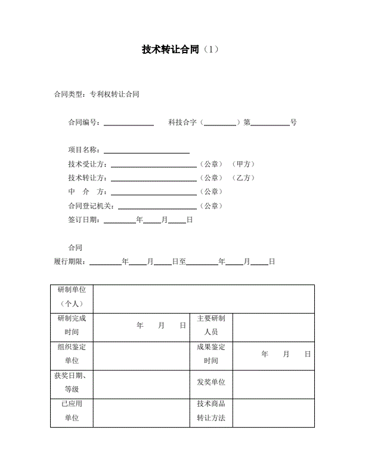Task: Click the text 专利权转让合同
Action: (x=114, y=94)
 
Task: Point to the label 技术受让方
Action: (x=87, y=164)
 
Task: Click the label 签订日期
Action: (x=85, y=220)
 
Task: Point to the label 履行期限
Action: (x=70, y=262)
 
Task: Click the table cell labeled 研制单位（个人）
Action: (x=72, y=297)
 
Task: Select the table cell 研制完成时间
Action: (x=72, y=325)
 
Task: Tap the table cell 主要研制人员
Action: (x=211, y=325)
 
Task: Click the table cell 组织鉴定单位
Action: (x=72, y=354)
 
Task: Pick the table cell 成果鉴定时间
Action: (x=211, y=354)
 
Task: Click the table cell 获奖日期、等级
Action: (x=72, y=383)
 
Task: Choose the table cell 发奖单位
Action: (x=211, y=382)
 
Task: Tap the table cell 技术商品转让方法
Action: (x=211, y=411)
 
